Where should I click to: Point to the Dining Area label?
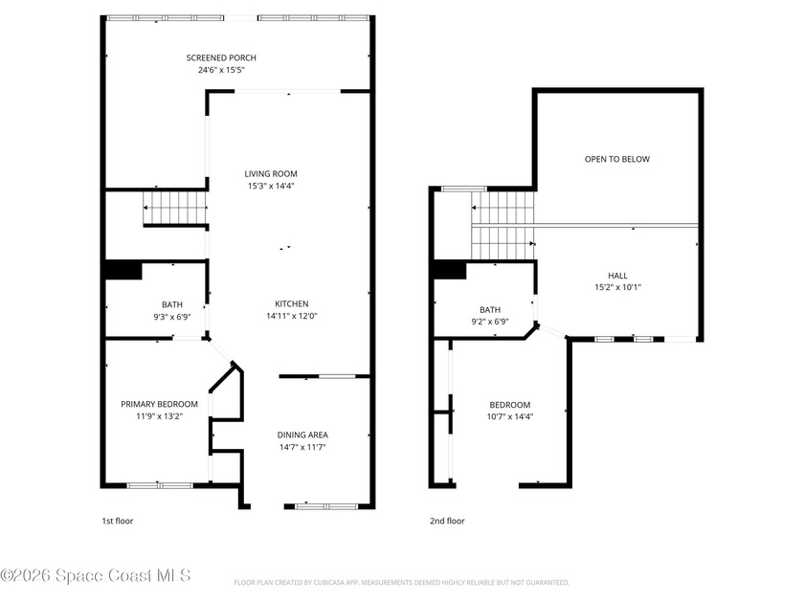click(301, 435)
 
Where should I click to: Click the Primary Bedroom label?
click(159, 404)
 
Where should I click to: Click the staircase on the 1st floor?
click(174, 208)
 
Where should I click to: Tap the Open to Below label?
click(617, 159)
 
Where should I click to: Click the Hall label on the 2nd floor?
click(617, 275)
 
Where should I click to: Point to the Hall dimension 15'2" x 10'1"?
click(617, 287)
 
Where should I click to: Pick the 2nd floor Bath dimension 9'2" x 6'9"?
click(489, 323)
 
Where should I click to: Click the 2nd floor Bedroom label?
click(509, 405)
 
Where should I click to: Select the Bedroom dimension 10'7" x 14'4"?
click(509, 417)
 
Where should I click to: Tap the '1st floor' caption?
click(117, 522)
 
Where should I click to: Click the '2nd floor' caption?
click(446, 522)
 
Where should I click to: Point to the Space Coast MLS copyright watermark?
click(96, 575)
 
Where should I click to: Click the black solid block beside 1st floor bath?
click(122, 271)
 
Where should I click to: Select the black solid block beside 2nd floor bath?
click(449, 271)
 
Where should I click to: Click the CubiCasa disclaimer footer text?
click(402, 582)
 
